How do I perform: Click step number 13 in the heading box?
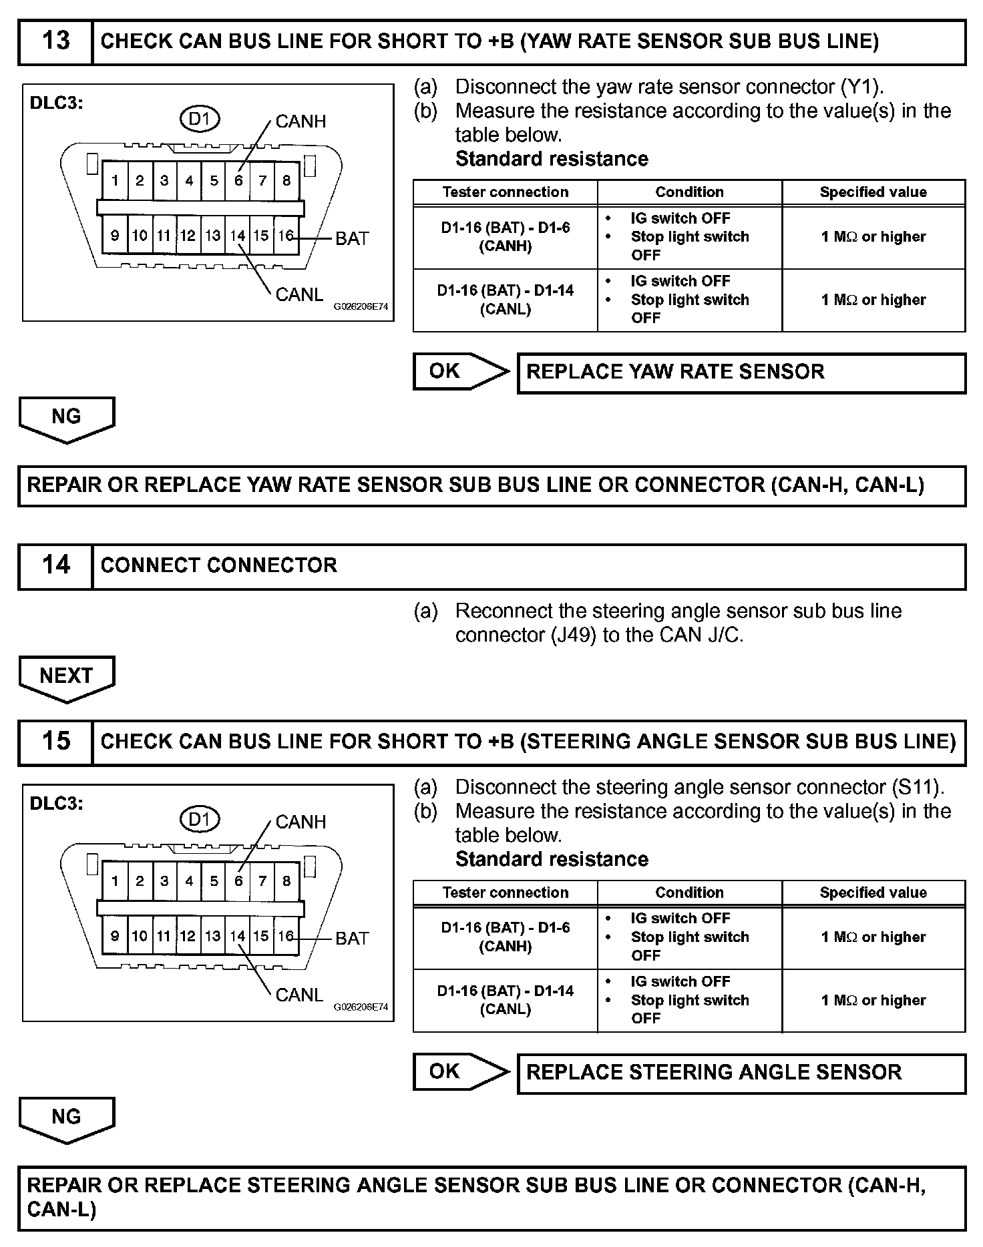(55, 41)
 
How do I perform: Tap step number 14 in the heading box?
(55, 565)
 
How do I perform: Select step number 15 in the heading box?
(55, 741)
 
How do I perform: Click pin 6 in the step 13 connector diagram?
(238, 180)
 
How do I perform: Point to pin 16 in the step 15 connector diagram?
(286, 936)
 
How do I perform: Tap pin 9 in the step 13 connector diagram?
(115, 236)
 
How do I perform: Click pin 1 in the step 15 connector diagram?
(115, 881)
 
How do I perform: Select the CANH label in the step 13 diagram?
(301, 121)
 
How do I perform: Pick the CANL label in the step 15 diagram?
(299, 995)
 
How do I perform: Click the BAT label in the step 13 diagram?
(352, 238)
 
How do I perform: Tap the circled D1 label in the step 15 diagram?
(200, 819)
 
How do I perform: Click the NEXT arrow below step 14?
(66, 677)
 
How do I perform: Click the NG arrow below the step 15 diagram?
(66, 1117)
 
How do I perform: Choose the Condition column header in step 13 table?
(689, 192)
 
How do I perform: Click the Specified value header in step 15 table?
(873, 893)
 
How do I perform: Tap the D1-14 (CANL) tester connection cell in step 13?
(505, 300)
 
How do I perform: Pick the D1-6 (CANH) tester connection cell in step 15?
(505, 937)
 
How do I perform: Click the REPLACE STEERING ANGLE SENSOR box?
(741, 1073)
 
